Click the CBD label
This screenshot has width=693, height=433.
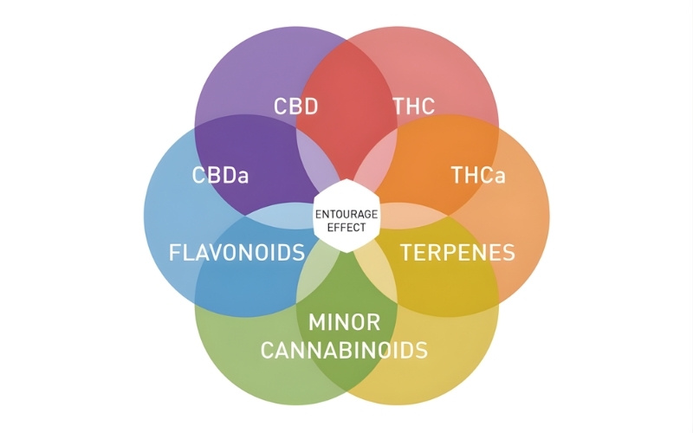click(295, 106)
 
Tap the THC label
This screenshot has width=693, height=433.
click(414, 106)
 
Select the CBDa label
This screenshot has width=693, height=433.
click(220, 175)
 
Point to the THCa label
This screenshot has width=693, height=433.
click(478, 175)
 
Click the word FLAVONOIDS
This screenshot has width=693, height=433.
click(236, 252)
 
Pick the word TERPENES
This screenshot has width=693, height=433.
click(457, 252)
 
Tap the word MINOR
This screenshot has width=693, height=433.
click(344, 322)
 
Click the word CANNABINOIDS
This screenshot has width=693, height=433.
click(344, 350)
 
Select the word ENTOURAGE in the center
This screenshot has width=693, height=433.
click(346, 214)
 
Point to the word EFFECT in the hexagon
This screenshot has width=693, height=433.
click(346, 228)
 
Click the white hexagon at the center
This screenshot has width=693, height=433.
click(346, 216)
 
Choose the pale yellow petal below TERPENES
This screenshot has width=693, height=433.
click(376, 268)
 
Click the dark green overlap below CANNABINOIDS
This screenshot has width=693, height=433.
click(346, 373)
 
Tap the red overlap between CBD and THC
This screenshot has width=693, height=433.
click(346, 111)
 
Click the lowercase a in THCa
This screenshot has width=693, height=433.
click(500, 178)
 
